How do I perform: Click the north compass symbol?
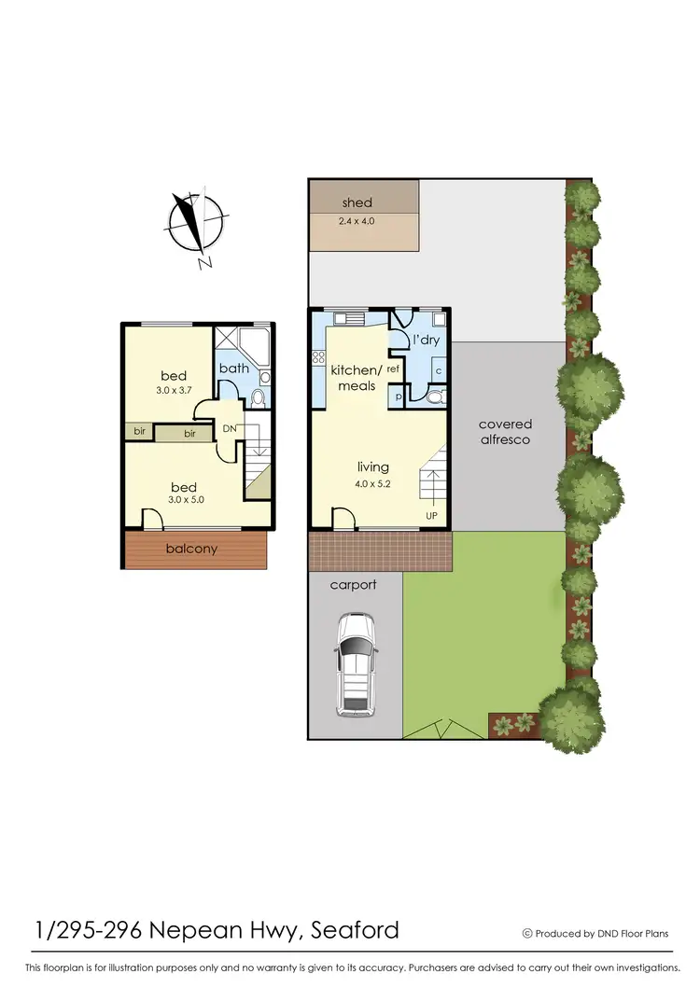pyautogui.click(x=196, y=223)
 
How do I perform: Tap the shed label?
pyautogui.click(x=357, y=202)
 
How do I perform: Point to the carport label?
pyautogui.click(x=354, y=585)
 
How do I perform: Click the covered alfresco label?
pyautogui.click(x=506, y=431)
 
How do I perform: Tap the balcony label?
pyautogui.click(x=191, y=549)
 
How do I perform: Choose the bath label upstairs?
pyautogui.click(x=234, y=368)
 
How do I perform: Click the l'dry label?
pyautogui.click(x=426, y=340)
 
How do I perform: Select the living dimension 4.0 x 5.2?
pyautogui.click(x=372, y=484)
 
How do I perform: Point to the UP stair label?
pyautogui.click(x=430, y=515)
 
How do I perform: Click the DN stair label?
pyautogui.click(x=230, y=429)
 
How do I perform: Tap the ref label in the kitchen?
pyautogui.click(x=393, y=369)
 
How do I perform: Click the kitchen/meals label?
pyautogui.click(x=354, y=378)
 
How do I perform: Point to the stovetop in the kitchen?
pyautogui.click(x=323, y=356)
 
